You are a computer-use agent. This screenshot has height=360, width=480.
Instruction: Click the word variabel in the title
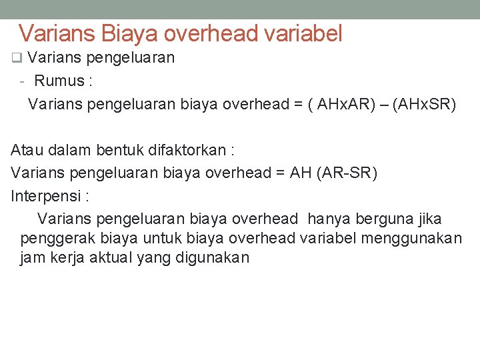pos(303,33)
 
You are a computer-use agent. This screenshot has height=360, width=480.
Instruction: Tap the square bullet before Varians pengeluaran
pos(17,58)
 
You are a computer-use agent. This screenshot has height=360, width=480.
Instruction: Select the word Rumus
pos(58,81)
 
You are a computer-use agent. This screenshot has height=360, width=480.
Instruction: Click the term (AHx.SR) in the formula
pos(425,105)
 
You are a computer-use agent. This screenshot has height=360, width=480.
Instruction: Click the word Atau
pos(27,150)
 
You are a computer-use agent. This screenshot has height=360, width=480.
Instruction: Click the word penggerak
pos(58,239)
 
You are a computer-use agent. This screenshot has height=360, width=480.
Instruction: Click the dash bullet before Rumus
pos(23,81)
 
